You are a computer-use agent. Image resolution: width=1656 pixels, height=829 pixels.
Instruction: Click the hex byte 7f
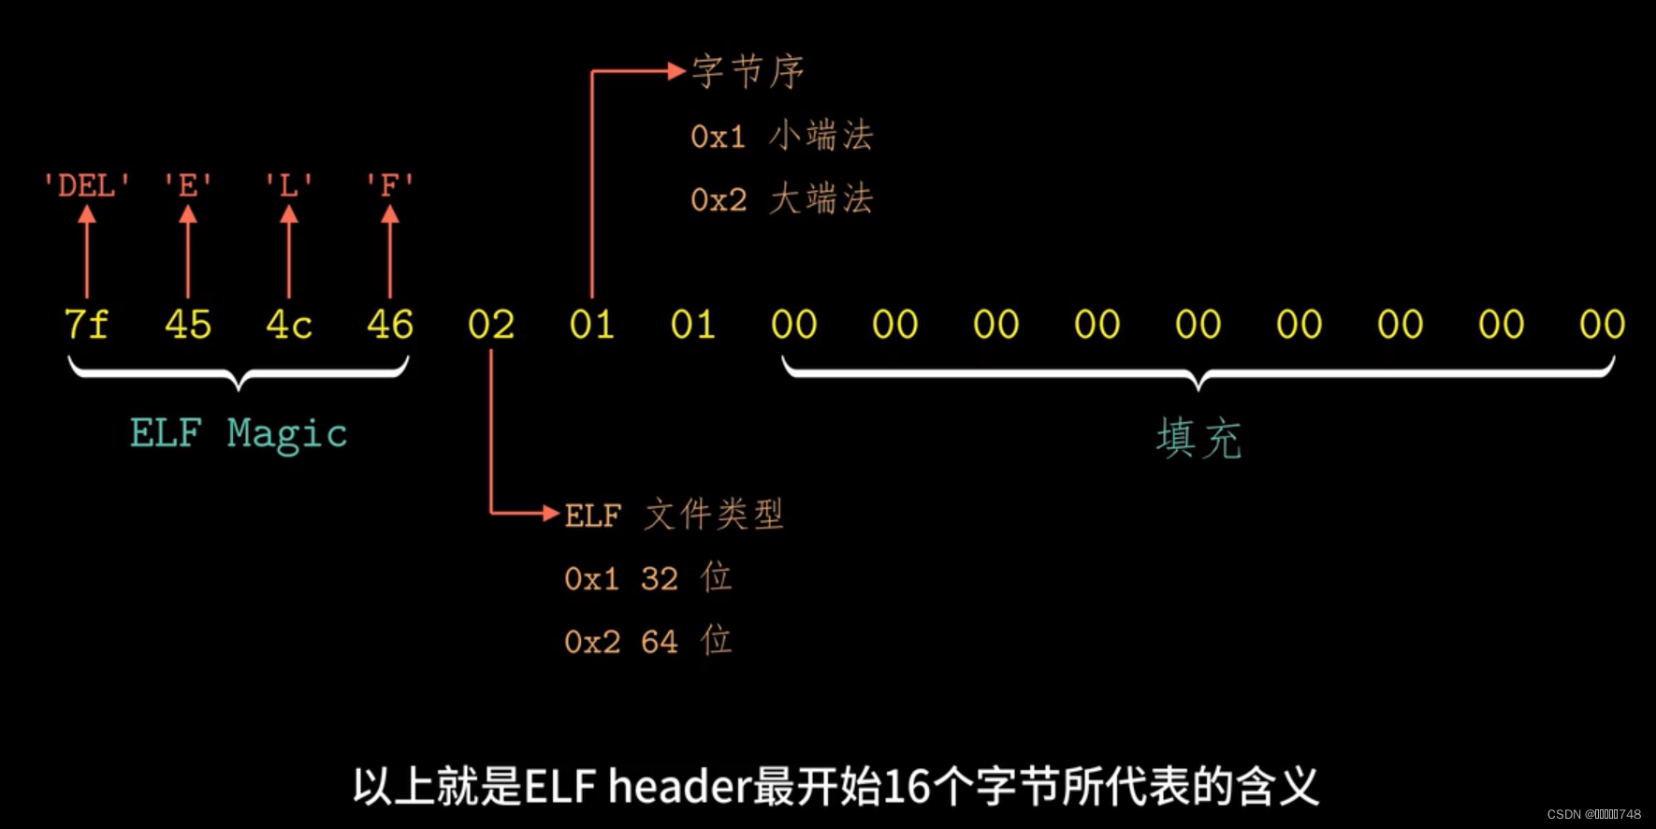[x=86, y=325]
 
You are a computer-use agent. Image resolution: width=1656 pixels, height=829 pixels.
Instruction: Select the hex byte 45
[x=188, y=325]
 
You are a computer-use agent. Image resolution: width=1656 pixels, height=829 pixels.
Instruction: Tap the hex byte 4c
[x=289, y=325]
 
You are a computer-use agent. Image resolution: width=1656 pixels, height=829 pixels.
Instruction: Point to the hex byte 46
[x=390, y=325]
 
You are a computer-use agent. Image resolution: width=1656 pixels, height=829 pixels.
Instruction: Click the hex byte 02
[x=491, y=325]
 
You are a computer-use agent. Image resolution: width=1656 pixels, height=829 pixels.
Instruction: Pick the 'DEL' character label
[x=86, y=185]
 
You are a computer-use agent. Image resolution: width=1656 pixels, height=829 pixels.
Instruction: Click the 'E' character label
[x=188, y=185]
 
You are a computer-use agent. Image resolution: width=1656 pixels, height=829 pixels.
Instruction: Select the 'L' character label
[x=289, y=185]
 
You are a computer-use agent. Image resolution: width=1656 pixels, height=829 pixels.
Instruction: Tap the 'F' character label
[x=390, y=185]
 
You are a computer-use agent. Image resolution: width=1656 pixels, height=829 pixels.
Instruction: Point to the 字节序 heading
[x=748, y=72]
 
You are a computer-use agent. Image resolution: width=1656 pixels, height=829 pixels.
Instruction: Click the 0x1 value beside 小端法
[x=718, y=137]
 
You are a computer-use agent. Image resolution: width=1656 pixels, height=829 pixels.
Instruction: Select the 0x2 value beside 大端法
[x=718, y=199]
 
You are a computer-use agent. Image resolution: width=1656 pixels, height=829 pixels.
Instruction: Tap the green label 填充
[x=1198, y=438]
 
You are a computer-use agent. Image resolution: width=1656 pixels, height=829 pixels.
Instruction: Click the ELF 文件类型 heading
[x=674, y=515]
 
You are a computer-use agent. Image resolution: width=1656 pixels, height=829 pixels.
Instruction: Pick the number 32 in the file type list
[x=659, y=579]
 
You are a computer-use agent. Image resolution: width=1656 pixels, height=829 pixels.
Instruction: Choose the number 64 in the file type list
[x=659, y=642]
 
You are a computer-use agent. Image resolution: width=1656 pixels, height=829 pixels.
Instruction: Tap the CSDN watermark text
[x=1593, y=814]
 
